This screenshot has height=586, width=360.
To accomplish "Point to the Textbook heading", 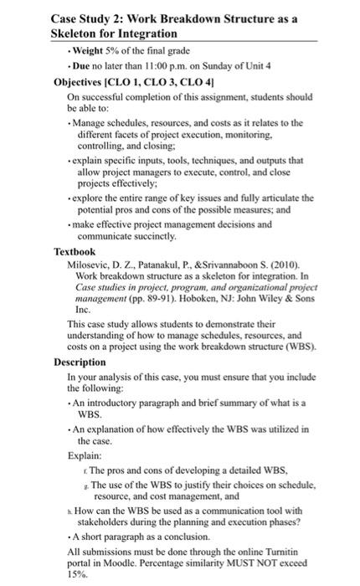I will click(75, 251).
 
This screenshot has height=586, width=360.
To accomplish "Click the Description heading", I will click(80, 362).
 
